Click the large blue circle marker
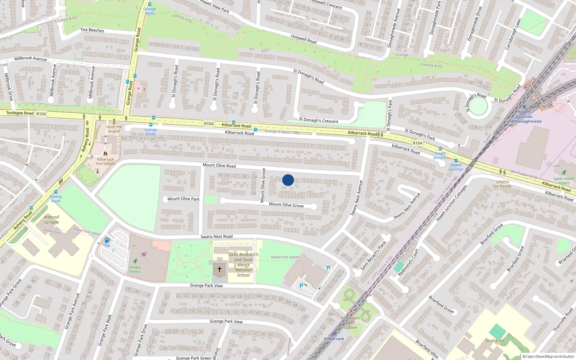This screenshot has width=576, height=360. click(288, 180)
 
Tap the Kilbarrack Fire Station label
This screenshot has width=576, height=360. click(105, 161)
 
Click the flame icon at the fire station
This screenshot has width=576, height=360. click(105, 153)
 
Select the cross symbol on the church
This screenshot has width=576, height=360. click(219, 269)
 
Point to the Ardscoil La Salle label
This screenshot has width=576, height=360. click(51, 220)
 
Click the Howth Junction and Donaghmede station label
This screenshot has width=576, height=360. click(524, 117)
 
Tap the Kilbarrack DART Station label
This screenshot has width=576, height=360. click(350, 323)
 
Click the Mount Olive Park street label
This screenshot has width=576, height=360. click(183, 199)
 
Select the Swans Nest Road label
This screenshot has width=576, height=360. click(216, 237)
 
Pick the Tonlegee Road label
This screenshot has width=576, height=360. click(20, 113)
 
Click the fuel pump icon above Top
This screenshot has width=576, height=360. click(107, 240)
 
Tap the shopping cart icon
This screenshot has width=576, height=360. click(144, 254)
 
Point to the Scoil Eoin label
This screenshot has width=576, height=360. click(495, 341)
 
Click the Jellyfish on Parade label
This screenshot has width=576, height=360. click(503, 184)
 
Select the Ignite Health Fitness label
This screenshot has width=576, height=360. click(564, 181)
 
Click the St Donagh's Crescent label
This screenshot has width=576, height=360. click(319, 120)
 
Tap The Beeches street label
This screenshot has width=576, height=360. click(92, 30)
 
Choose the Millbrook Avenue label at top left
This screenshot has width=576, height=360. click(31, 58)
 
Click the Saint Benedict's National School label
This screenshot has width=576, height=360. click(243, 265)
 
